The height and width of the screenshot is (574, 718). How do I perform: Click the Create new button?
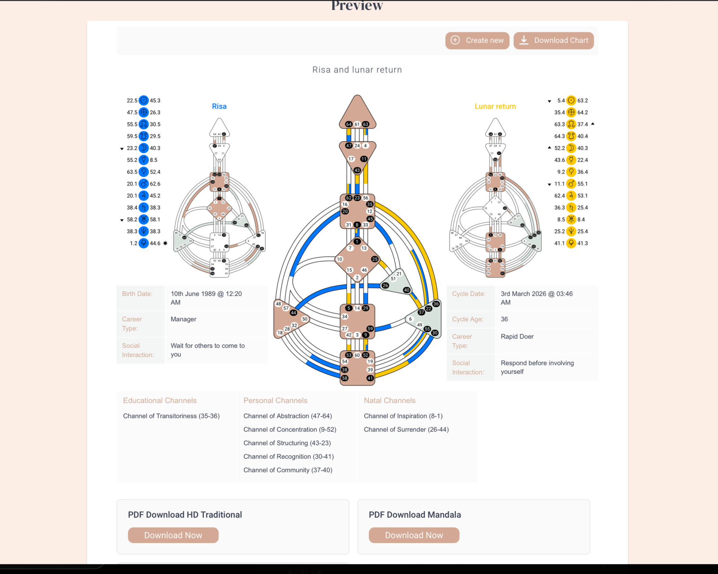(477, 41)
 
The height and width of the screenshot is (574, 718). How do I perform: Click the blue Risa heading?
(219, 106)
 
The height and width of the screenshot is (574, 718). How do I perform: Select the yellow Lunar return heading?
(495, 106)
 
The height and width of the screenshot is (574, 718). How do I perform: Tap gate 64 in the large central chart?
(349, 124)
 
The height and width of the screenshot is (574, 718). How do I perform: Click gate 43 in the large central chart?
(357, 170)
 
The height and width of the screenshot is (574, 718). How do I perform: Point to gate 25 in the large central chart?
(375, 259)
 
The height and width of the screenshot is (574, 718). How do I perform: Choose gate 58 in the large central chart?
(345, 378)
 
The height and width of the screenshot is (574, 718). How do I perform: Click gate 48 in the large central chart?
(278, 304)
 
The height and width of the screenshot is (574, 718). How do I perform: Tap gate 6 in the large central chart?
(410, 319)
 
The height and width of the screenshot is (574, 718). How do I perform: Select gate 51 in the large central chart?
(393, 279)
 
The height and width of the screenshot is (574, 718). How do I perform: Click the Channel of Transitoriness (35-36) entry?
(171, 416)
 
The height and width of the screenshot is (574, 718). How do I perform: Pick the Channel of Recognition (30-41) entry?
(288, 456)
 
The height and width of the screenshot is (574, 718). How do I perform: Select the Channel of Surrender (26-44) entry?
(406, 429)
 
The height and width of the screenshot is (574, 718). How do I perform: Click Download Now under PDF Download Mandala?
(414, 535)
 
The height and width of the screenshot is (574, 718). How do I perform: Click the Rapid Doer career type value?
(517, 336)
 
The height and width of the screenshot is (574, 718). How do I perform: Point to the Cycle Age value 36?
(504, 319)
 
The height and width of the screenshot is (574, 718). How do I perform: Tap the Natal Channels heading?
(389, 400)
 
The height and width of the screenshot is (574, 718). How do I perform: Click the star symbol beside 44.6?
(165, 243)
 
